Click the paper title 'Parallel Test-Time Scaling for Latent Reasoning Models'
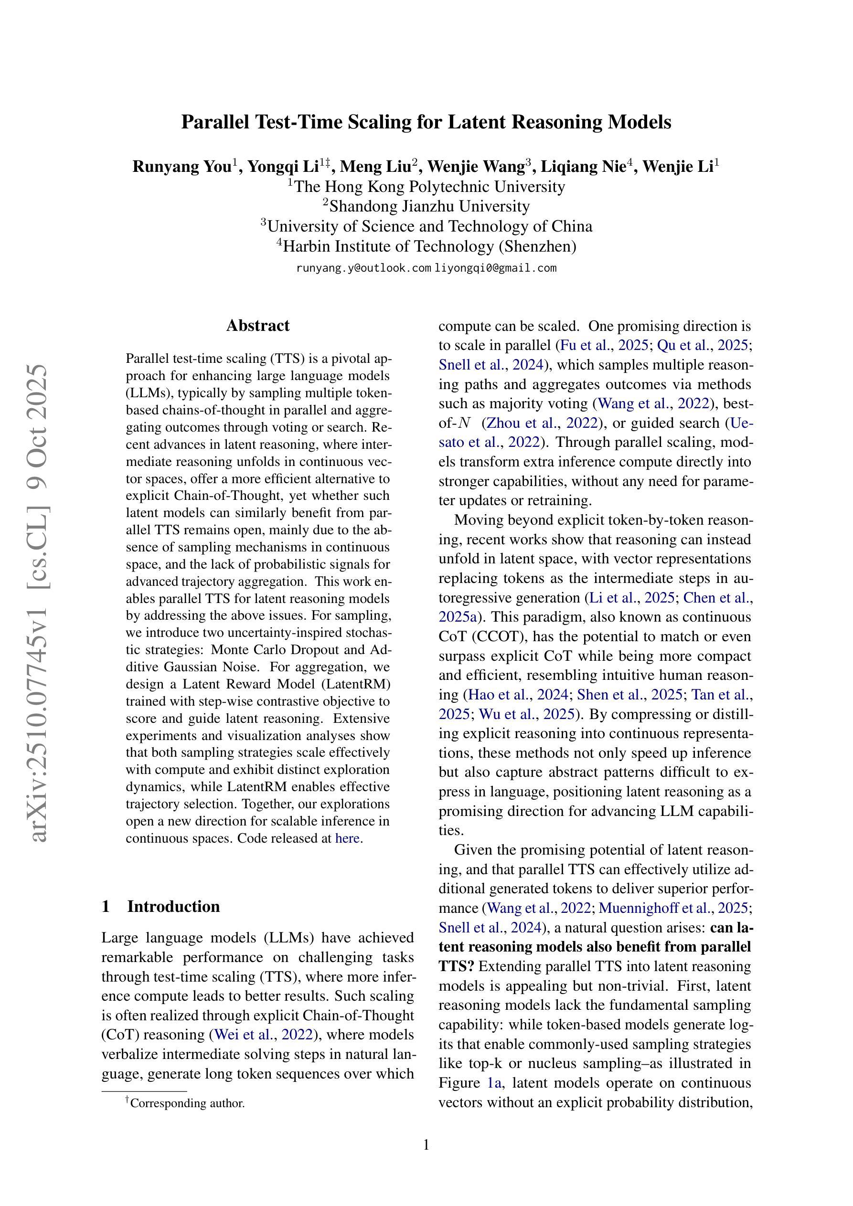pos(426,122)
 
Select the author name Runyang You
pos(181,167)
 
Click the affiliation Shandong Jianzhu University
pos(429,206)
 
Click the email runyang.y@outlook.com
pos(363,268)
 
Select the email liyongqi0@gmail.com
pos(496,268)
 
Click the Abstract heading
pos(257,326)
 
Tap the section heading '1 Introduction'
pos(161,906)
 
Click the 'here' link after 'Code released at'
pos(347,838)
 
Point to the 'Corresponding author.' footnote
pos(187,1103)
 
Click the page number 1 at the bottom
pos(426,1144)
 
